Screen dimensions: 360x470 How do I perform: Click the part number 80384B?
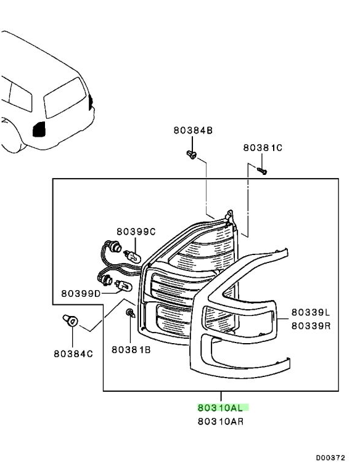(193, 131)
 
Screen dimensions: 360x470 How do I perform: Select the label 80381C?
(263, 148)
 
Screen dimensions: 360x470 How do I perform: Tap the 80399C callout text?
(136, 232)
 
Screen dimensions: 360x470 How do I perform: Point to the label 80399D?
(81, 293)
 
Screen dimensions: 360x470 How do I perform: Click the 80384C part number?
(73, 354)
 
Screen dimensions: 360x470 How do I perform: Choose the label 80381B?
(131, 349)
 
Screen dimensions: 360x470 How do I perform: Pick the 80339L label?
(311, 312)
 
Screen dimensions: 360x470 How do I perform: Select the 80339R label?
(311, 325)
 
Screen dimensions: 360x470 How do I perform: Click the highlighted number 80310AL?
(220, 408)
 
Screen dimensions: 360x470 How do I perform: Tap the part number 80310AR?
(221, 421)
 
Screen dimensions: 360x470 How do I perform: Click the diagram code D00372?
(330, 458)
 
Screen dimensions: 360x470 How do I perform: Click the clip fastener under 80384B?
(191, 155)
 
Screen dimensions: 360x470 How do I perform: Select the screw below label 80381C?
(262, 171)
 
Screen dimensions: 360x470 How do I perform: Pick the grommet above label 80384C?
(70, 320)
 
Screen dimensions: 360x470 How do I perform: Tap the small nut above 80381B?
(131, 313)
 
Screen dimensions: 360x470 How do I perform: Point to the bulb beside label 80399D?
(124, 285)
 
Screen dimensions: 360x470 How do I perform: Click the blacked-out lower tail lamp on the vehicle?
(39, 129)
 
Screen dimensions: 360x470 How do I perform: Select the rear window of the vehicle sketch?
(65, 97)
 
